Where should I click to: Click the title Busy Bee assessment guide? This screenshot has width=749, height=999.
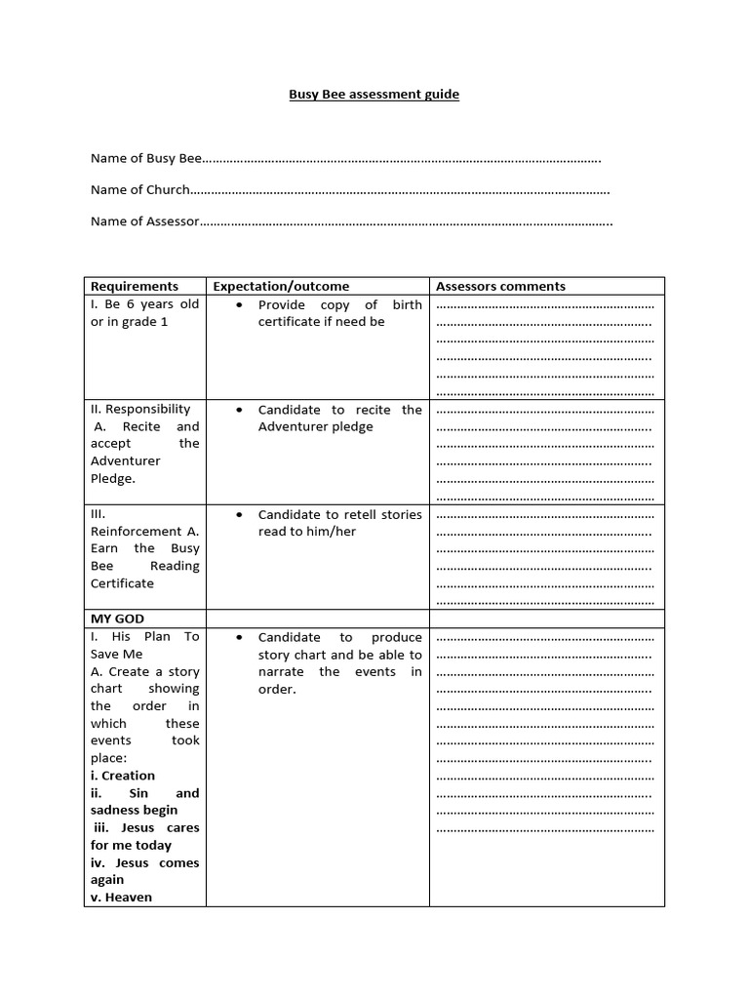coord(374,95)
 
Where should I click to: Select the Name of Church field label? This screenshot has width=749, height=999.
coord(139,189)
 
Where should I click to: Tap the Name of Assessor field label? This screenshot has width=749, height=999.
coord(144,221)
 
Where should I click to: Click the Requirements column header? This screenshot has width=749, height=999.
coord(135,286)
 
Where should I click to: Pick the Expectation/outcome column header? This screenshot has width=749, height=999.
coord(281,286)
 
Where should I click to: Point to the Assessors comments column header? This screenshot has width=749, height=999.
coord(500,286)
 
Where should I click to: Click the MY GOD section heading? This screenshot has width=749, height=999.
coord(117,619)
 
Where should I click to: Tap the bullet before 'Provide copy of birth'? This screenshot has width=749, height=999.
coord(239,304)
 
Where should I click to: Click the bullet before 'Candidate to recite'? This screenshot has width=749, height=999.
coord(239,410)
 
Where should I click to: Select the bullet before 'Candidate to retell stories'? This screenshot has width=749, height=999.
coord(239,514)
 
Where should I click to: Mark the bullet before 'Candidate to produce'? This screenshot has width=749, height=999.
coord(239,637)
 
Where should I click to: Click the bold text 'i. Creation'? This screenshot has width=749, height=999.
coord(123,776)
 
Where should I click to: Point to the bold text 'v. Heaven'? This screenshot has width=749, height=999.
coord(121,897)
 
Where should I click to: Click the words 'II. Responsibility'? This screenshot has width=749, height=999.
coord(140,409)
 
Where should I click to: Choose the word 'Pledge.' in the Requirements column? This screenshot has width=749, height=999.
coord(113,478)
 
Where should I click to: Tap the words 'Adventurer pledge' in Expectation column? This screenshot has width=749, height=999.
coord(315,426)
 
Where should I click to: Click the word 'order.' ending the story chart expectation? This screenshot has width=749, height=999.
coord(277,689)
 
